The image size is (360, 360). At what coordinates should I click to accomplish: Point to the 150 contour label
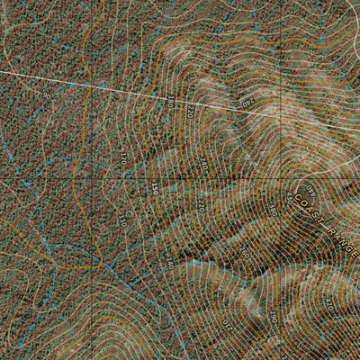tap(155, 188)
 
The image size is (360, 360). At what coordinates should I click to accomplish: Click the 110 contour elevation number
tap(123, 220)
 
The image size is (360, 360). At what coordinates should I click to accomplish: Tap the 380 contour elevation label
tap(273, 210)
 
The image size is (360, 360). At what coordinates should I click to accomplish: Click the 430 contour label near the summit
tap(290, 197)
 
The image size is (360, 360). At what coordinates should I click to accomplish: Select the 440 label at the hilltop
tap(310, 190)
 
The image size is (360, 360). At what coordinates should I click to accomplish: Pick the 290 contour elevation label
tap(274, 315)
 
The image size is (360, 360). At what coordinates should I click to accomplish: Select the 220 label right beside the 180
tap(191, 112)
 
